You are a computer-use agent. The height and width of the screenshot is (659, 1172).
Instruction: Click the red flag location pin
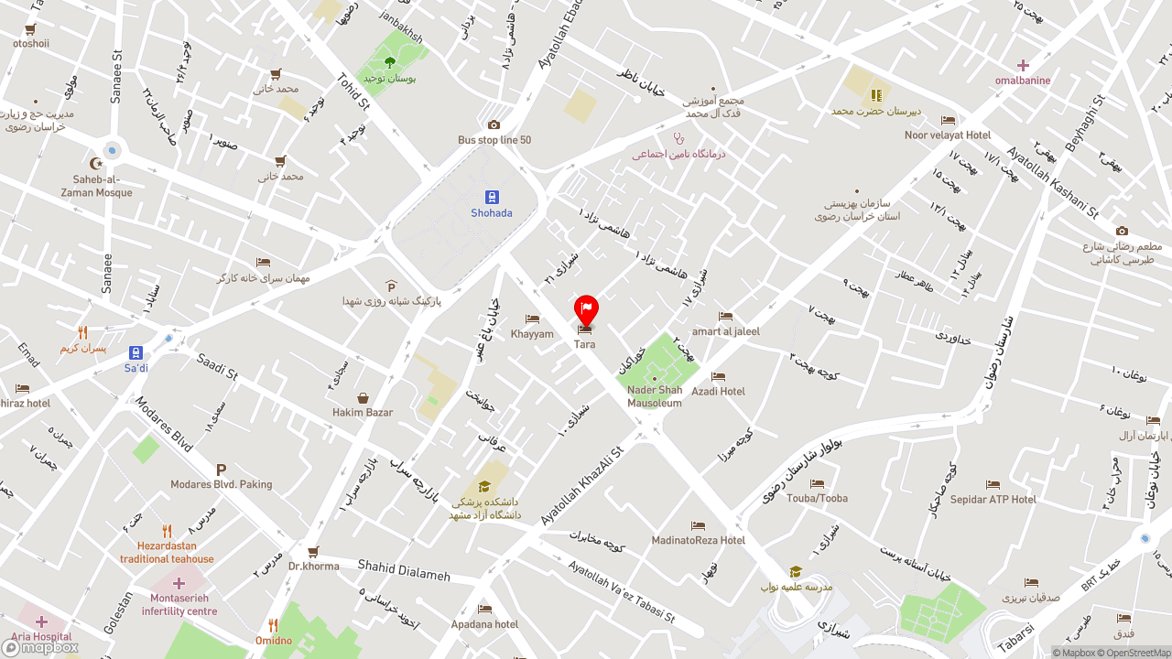pos(586,309)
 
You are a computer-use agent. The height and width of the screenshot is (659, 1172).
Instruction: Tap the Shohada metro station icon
pos(492,197)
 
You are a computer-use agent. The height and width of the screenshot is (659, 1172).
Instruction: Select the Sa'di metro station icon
pos(136,352)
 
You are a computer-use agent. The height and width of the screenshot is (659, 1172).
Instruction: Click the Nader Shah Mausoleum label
pos(655,396)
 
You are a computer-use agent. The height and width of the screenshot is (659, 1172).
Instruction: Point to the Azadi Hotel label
pos(719,391)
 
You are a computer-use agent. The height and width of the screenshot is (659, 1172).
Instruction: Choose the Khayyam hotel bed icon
pos(532,319)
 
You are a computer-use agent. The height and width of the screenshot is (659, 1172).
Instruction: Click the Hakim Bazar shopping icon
pos(363,398)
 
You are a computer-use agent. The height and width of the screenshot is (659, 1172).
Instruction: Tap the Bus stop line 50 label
pos(494,140)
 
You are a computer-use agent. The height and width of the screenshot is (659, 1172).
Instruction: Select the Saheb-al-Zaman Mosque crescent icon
pos(96,164)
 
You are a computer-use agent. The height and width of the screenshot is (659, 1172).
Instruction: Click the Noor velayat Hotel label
pos(948,135)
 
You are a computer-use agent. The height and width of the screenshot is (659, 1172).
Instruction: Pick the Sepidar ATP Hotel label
pos(993,500)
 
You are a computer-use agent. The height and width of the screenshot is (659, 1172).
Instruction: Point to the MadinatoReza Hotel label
pos(699,540)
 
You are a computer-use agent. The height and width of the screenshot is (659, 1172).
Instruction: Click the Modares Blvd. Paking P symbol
pos(221,470)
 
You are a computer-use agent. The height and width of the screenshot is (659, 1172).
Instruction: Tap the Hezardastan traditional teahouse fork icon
pos(167,531)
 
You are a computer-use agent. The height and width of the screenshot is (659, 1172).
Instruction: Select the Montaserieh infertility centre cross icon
pos(179,583)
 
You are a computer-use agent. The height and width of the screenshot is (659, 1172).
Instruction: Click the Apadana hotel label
pos(484,624)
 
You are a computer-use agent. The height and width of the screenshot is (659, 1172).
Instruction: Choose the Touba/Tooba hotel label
pos(817,498)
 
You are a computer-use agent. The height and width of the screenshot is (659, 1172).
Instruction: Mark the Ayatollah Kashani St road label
pos(1052,184)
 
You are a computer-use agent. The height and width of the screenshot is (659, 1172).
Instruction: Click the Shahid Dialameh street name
pos(404,570)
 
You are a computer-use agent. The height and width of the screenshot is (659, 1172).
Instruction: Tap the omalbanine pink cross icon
pos(1023,65)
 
